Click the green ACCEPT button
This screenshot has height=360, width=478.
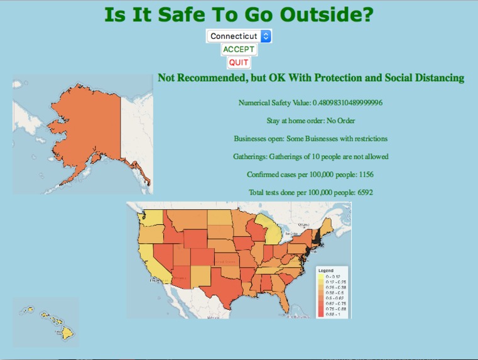[239, 49]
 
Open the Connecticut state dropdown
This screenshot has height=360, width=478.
[239, 36]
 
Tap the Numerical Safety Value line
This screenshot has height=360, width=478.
[310, 102]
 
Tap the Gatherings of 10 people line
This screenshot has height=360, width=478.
[310, 156]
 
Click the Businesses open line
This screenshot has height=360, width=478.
[310, 138]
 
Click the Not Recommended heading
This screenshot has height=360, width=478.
[311, 78]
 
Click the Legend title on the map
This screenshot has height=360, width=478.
[327, 270]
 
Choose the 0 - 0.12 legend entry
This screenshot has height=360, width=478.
[333, 276]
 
